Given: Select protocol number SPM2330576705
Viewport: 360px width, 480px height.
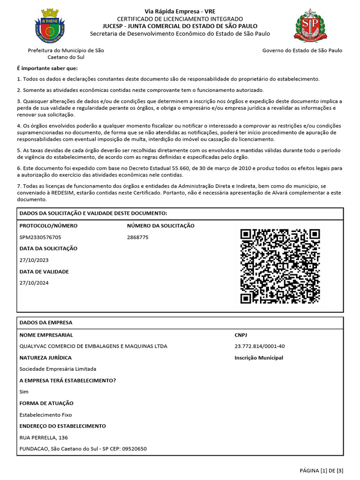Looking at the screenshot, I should click(x=40, y=237).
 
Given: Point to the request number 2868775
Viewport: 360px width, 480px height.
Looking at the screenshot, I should click(x=137, y=237).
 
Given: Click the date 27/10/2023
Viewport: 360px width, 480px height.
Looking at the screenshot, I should click(x=34, y=260).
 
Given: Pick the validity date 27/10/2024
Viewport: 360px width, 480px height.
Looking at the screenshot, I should click(x=34, y=283).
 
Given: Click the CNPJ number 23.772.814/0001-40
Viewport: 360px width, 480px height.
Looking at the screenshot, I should click(x=259, y=346).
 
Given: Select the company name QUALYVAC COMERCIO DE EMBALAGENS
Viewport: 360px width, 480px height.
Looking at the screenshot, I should click(x=93, y=346).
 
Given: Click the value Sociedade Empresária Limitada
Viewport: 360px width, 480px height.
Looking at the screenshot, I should click(x=58, y=369).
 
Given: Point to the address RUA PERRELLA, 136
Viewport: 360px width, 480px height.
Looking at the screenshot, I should click(x=44, y=438).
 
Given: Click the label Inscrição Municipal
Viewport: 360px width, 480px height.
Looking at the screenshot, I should click(x=259, y=358).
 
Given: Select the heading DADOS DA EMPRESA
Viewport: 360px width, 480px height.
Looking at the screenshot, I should click(x=46, y=322).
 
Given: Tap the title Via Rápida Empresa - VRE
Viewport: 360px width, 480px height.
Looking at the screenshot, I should click(x=180, y=11).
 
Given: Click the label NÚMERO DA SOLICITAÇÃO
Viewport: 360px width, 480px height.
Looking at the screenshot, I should click(x=160, y=225).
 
